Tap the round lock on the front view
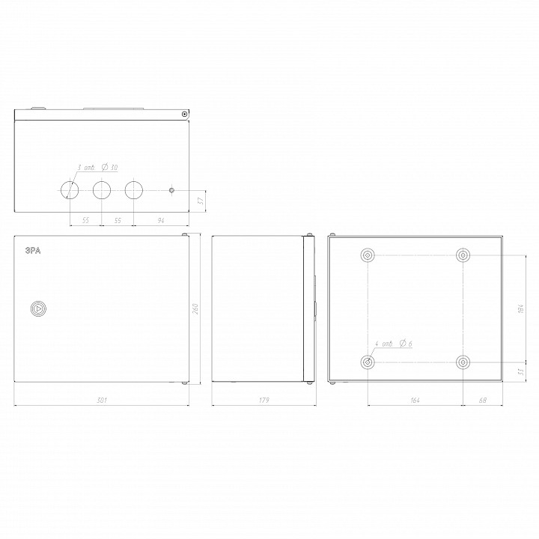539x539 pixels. coord(37,308)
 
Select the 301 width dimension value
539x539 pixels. coord(102,401)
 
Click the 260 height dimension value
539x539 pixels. coord(196,308)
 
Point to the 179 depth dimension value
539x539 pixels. coord(264,401)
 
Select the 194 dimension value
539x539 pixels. coord(520,308)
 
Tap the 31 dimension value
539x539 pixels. coord(520,372)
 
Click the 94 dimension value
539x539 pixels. coord(161,221)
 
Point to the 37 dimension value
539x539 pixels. coord(201,201)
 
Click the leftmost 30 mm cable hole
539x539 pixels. coord(69,190)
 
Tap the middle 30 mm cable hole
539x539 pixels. coord(101,190)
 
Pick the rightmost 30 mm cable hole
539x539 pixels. coord(133,190)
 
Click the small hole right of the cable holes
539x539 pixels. coord(172,190)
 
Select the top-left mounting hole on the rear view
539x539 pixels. coord(368,256)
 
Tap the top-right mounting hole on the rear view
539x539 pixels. coord(463,256)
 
